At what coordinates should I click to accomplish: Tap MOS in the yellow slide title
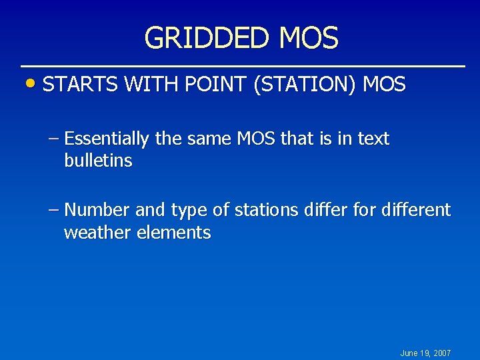309,39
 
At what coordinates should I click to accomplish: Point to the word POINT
215,85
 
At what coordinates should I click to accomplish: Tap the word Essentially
107,139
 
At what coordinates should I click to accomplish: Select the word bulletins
98,161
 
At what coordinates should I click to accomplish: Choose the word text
373,139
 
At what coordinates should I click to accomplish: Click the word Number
97,211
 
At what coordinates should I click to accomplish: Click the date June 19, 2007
425,353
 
